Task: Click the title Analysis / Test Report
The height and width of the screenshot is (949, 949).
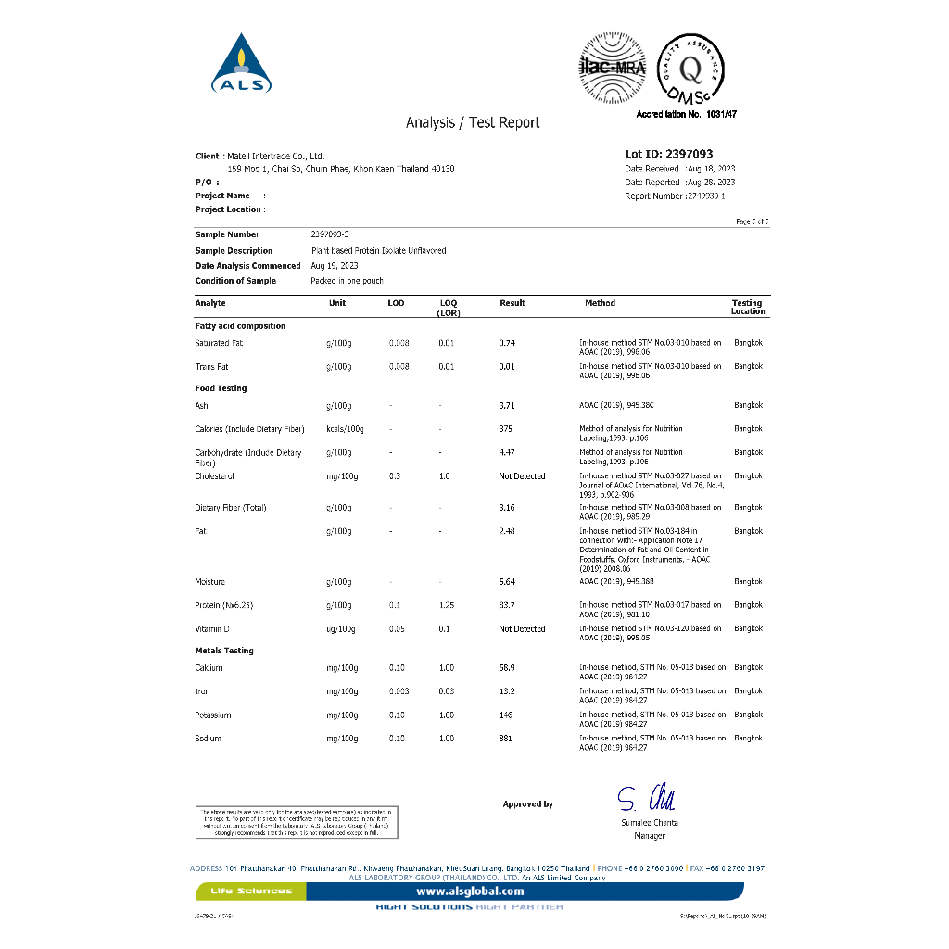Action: coord(473,122)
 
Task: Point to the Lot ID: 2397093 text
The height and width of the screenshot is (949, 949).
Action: coord(669,154)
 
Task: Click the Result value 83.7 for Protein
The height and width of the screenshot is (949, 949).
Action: coord(507,605)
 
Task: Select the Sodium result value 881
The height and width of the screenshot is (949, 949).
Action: coord(506,739)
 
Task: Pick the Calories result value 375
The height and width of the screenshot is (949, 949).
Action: coord(505,429)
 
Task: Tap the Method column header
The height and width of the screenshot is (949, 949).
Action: coord(600,303)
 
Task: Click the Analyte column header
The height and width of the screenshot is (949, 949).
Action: coord(210,303)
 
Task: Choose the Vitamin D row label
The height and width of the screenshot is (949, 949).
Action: coord(212,629)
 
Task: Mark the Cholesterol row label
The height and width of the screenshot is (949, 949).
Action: coord(215,476)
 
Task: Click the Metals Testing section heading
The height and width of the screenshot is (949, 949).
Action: coord(224,651)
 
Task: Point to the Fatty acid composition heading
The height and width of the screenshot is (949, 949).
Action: coord(240,326)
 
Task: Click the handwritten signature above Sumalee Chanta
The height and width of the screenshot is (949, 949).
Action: coord(647,798)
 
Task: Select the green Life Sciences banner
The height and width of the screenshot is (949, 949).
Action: coord(251,892)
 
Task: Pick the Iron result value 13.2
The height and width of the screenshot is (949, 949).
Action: coord(507,691)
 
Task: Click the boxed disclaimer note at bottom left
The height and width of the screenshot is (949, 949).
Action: coord(297,822)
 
